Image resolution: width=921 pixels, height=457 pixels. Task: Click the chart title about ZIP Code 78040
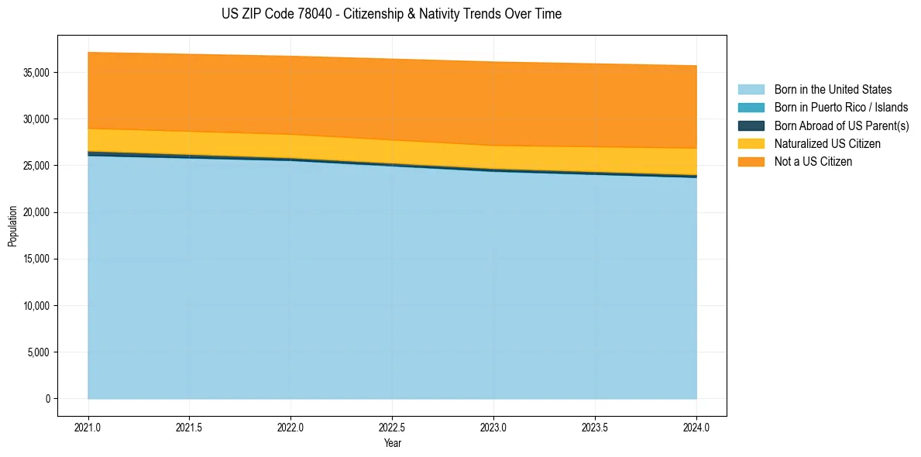coord(391,14)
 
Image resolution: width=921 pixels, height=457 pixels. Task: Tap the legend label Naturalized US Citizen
coord(827,144)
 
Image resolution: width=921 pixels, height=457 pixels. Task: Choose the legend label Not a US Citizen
coord(813,162)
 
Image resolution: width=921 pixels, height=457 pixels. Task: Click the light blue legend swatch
coord(751,90)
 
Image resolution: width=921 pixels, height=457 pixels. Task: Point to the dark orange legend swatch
coord(751,162)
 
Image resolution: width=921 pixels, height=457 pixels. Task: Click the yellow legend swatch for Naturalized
coord(751,144)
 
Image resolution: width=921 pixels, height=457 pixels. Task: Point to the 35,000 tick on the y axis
coord(36,73)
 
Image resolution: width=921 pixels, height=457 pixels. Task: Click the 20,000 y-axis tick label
coord(36,212)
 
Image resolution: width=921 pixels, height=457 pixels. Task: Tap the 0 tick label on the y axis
coord(47,399)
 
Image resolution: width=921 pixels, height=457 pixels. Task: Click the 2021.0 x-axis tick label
coord(88,427)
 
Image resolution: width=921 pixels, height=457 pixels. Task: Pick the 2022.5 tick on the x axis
coord(392,427)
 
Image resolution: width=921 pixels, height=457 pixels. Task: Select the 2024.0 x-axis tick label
coord(696,427)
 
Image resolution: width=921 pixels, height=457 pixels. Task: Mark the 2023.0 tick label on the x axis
coord(493,427)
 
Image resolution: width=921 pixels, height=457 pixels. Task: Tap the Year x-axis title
coord(392,443)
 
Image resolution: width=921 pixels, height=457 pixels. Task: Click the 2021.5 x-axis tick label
coord(190,427)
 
